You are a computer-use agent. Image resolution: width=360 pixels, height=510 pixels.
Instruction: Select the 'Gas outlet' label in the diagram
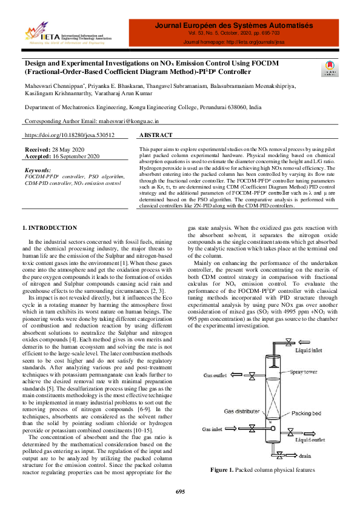coord(216,375)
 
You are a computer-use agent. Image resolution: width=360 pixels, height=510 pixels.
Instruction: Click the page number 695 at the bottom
coord(180,491)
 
